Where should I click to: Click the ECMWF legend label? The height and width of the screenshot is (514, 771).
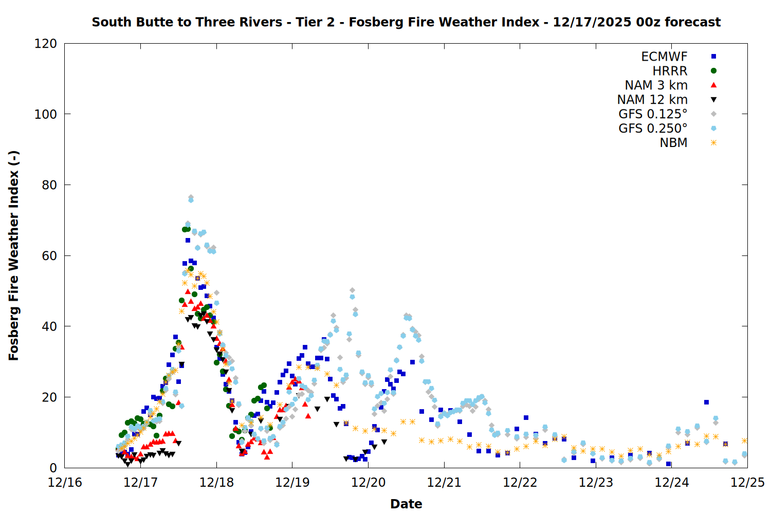(664, 57)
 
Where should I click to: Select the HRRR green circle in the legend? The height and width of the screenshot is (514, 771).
(713, 71)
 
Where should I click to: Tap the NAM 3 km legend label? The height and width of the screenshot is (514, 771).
(656, 85)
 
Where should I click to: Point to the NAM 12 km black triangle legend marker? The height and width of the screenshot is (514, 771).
(713, 100)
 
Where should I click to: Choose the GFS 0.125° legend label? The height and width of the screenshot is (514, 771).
(653, 114)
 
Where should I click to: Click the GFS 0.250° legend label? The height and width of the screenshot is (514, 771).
(653, 128)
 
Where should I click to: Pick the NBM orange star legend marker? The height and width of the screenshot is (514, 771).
(713, 143)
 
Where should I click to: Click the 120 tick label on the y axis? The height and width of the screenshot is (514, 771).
(46, 44)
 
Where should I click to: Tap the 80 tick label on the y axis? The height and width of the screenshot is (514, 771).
(49, 185)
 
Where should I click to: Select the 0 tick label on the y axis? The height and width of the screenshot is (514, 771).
(53, 468)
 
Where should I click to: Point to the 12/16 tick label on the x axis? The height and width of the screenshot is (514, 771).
(65, 483)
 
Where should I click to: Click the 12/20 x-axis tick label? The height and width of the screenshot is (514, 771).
(369, 483)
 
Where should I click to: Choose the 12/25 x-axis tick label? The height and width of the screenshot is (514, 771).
(747, 483)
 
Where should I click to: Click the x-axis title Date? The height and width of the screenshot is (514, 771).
(406, 504)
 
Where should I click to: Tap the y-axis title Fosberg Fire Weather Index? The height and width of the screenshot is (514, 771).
(14, 255)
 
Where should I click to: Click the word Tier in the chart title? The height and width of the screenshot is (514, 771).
(309, 22)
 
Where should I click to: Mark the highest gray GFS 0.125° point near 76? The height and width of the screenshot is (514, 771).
(191, 197)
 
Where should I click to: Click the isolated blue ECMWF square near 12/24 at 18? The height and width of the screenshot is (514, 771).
(706, 402)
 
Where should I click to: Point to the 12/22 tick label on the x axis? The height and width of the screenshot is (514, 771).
(520, 483)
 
